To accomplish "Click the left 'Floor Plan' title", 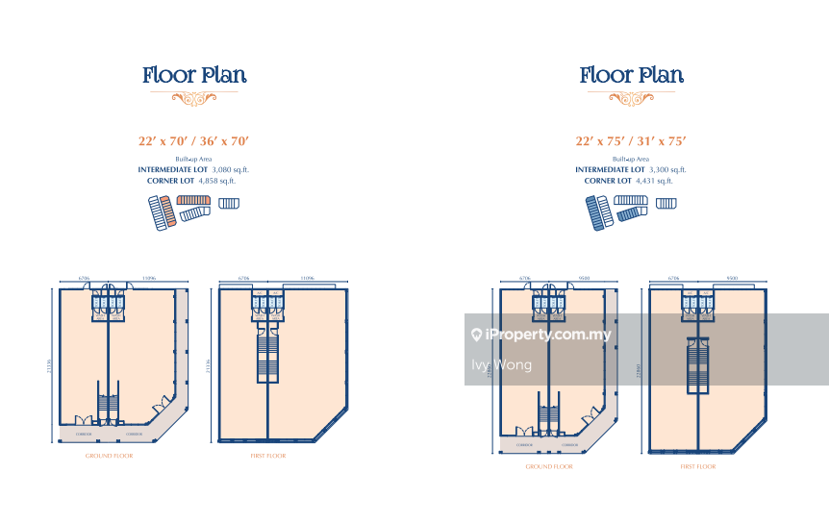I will tap(194, 75).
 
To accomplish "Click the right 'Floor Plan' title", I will tap(631, 75).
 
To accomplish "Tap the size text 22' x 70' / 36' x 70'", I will tap(194, 141).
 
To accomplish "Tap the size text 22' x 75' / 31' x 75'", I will tap(631, 141).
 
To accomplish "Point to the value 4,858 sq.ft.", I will tap(217, 180).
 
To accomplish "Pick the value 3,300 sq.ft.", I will tap(667, 169).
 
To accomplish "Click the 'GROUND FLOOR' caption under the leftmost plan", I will tap(109, 455).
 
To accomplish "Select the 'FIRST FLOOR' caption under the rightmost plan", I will tap(698, 466).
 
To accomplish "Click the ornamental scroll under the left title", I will tap(194, 97).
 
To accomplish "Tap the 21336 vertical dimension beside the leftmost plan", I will tap(49, 365).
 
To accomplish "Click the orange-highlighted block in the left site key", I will tap(166, 210).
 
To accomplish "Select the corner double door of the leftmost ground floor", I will tap(160, 405).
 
